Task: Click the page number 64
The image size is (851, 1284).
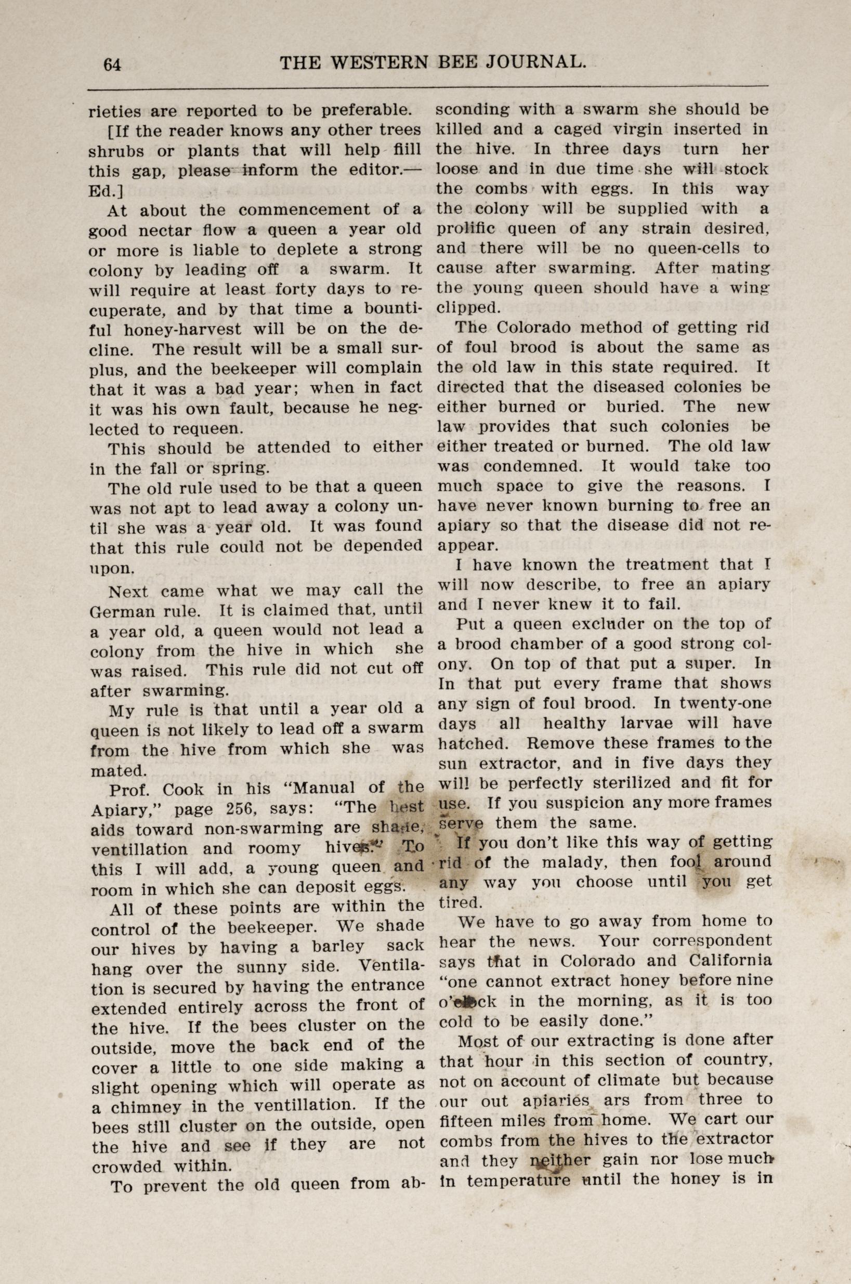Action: click(x=112, y=64)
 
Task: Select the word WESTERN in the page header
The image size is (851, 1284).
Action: click(x=379, y=63)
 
